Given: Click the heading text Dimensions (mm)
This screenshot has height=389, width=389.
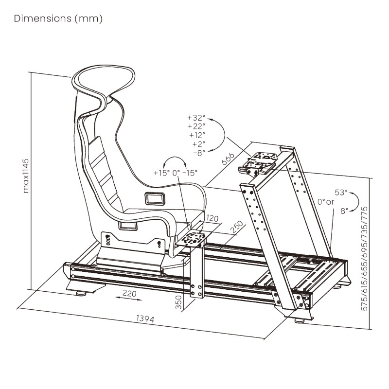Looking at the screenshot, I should (x=58, y=19).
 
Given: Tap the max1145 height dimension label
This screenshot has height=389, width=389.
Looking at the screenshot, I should (x=26, y=175).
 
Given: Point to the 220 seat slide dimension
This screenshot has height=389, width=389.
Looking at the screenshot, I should (x=128, y=293).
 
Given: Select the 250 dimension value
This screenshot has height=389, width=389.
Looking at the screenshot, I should (x=237, y=227).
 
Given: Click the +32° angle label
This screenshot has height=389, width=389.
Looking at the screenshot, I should (x=196, y=118).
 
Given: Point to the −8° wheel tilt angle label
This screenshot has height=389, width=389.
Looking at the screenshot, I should (x=198, y=153).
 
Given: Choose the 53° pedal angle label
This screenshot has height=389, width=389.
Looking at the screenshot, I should (x=341, y=193).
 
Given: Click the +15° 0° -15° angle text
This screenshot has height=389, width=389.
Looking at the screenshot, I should (x=176, y=173).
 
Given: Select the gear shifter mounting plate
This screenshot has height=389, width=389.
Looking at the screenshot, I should (x=194, y=239).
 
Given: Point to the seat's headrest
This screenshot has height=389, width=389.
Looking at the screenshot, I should (x=103, y=80).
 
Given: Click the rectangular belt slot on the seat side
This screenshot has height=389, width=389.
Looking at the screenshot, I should (x=155, y=198).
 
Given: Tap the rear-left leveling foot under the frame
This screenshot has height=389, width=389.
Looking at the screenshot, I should (x=81, y=293).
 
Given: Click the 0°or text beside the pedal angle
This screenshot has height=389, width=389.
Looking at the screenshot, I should (x=326, y=202).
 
